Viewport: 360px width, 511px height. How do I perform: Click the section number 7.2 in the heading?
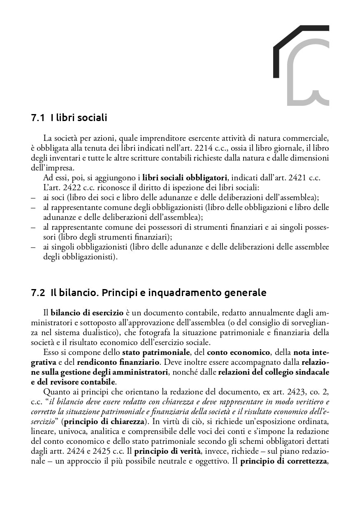click(x=37, y=293)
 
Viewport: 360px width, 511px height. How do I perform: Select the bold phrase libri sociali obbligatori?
click(x=185, y=178)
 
